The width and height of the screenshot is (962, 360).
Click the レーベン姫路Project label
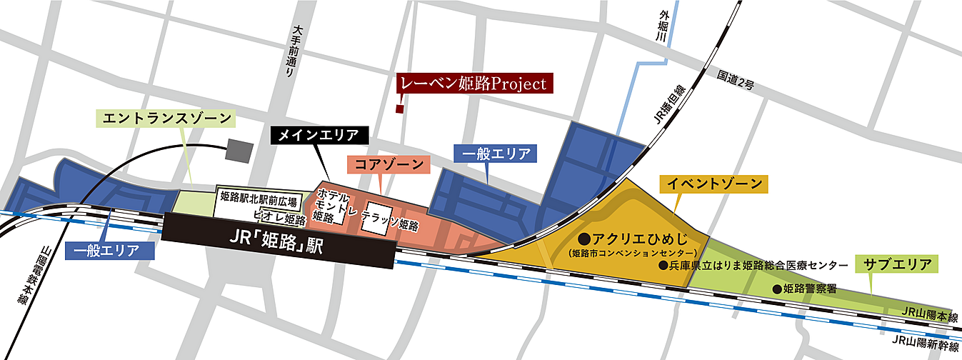pyautogui.click(x=473, y=84)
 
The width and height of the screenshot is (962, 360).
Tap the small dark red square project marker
pyautogui.click(x=400, y=109)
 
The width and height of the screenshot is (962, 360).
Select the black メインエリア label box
pyautogui.click(x=320, y=134)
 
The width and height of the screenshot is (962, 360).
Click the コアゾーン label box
pyautogui.click(x=390, y=164)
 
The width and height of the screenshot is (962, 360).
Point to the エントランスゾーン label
pyautogui.click(x=168, y=117)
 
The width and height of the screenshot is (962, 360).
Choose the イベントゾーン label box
pyautogui.click(x=713, y=184)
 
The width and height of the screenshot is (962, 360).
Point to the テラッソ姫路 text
pyautogui.click(x=390, y=226)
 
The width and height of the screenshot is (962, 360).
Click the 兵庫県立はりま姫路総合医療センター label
pyautogui.click(x=758, y=265)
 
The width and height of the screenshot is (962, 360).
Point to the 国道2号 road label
pyautogui.click(x=736, y=80)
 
